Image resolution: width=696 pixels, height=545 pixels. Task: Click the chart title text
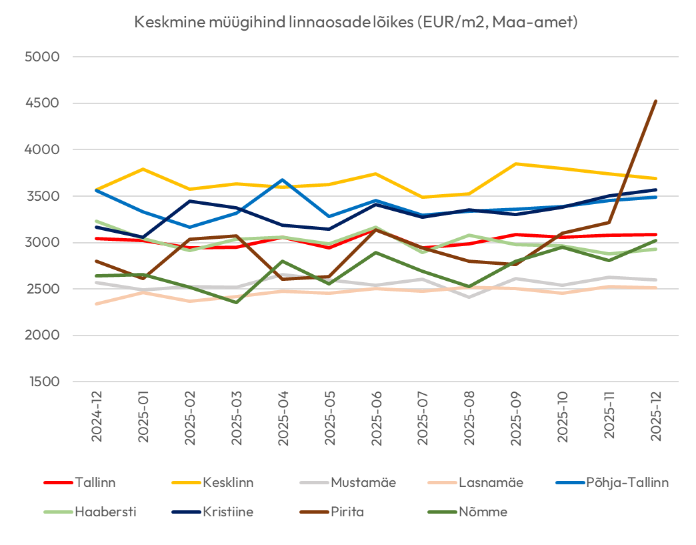pos(355,22)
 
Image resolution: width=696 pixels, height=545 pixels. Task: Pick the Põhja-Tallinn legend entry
pos(627,482)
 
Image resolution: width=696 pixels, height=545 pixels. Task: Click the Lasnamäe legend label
pos(490,482)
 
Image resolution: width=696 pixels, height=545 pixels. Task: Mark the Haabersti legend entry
pos(103,512)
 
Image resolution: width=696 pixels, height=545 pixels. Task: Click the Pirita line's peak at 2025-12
pos(656,101)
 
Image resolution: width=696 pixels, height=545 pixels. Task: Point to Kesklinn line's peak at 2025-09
pos(516,163)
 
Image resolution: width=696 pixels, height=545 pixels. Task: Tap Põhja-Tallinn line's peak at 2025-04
pos(283,180)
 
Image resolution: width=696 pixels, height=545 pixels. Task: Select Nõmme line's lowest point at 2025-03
pos(237,302)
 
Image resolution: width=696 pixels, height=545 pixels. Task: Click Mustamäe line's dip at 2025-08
pos(469,297)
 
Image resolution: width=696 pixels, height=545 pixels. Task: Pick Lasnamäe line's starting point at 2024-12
pos(97,304)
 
